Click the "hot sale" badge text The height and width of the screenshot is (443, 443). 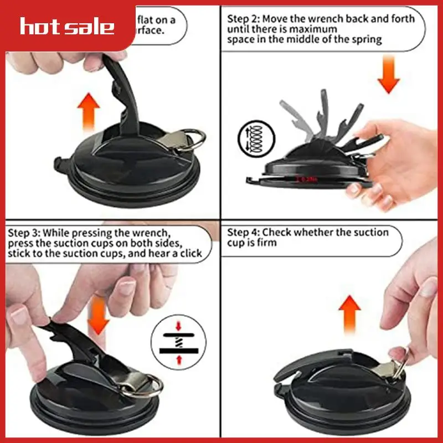(x=67, y=26)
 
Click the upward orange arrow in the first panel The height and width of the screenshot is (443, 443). (x=88, y=111)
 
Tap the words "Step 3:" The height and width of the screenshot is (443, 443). (x=24, y=232)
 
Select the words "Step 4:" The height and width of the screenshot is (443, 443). (x=244, y=232)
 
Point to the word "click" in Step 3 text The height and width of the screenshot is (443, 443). (x=199, y=253)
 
